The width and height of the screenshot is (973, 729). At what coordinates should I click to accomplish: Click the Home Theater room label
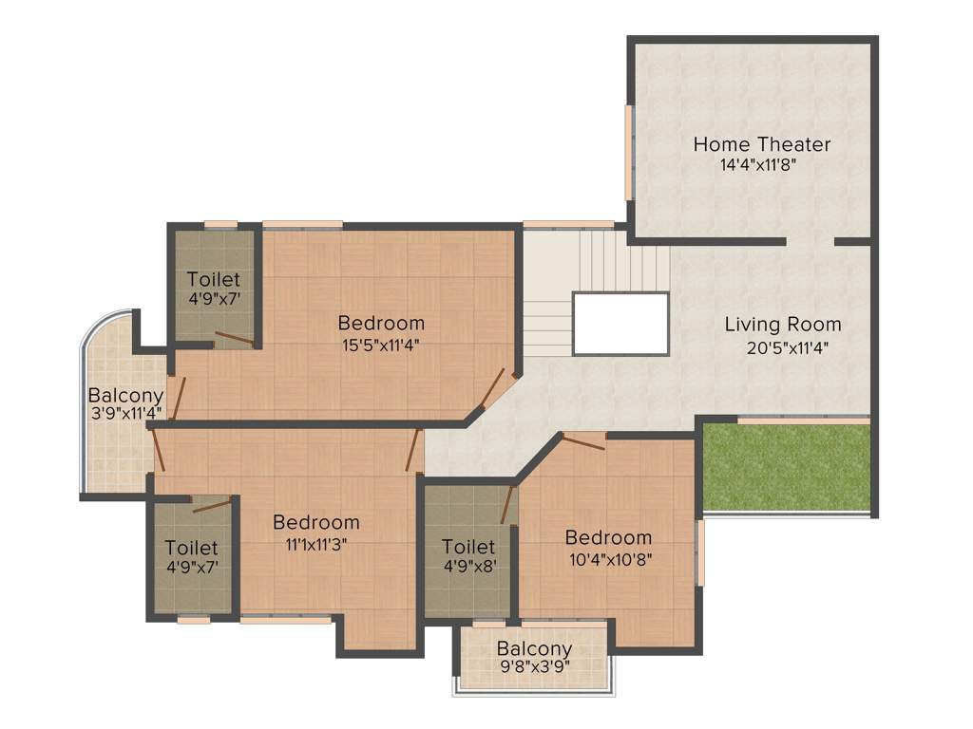tap(761, 145)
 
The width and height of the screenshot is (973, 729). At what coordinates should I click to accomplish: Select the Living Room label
tap(783, 325)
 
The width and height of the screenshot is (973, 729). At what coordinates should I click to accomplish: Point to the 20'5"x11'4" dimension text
tap(789, 347)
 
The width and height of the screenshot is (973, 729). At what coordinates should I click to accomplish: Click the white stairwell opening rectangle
tap(620, 324)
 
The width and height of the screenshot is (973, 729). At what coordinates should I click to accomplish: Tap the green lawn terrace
tap(786, 467)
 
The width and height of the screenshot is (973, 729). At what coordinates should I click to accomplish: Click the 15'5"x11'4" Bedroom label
tap(381, 323)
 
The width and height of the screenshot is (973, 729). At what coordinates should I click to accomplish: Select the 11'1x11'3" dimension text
tap(316, 544)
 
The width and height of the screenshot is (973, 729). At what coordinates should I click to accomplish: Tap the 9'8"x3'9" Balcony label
tap(534, 650)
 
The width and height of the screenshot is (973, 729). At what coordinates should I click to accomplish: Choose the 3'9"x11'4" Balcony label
tap(125, 396)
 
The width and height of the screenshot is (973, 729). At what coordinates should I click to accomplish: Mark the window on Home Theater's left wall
tap(628, 152)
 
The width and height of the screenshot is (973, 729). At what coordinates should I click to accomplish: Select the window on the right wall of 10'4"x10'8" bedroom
tap(700, 551)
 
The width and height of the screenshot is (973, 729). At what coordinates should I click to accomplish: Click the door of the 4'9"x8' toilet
tap(508, 504)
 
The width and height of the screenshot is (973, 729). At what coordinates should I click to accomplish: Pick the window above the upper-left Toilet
tap(220, 224)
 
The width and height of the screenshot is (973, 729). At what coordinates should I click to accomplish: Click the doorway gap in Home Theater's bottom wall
tap(811, 242)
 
